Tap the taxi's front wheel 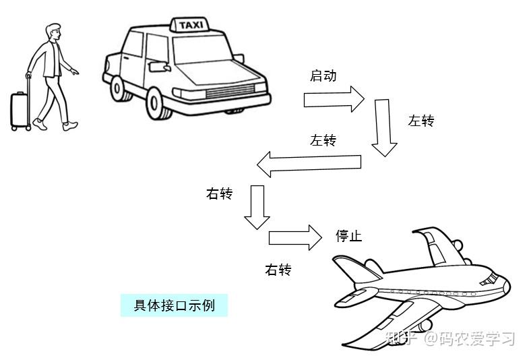(x=156, y=103)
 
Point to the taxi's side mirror (x=159, y=67)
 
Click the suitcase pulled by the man (x=21, y=109)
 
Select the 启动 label (x=323, y=76)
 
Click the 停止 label (x=348, y=236)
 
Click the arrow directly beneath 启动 (x=334, y=100)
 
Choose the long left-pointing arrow (x=309, y=163)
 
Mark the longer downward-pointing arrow (x=384, y=128)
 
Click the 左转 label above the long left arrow (x=323, y=140)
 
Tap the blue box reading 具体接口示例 (x=174, y=305)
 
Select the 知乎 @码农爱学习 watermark (x=450, y=338)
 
